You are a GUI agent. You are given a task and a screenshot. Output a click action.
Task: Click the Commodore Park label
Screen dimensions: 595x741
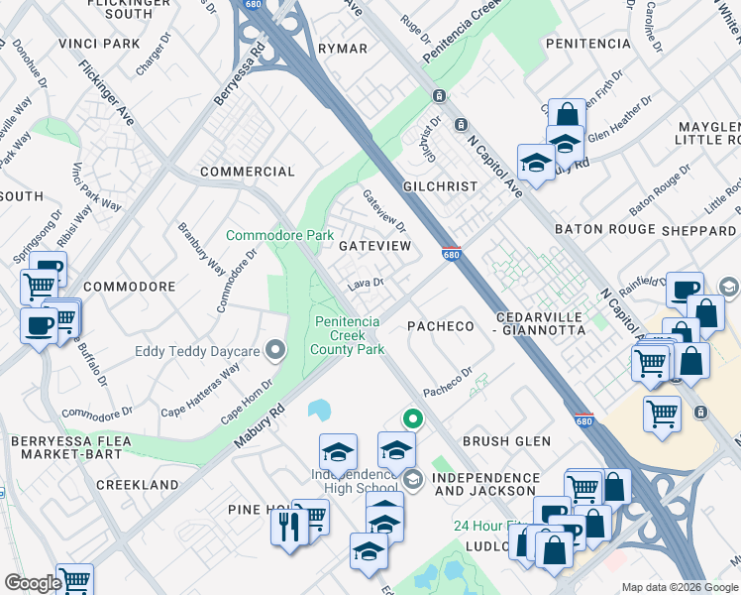coord(279,235)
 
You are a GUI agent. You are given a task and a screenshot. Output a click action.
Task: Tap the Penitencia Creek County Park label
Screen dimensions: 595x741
coord(349,334)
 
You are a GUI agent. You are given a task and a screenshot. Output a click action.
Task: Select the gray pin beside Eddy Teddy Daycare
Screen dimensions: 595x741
coord(275,350)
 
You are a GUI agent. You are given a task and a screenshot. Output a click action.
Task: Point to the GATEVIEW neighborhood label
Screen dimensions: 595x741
coord(374,245)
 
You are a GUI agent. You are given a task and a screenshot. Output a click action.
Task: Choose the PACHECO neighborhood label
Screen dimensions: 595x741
coord(442,326)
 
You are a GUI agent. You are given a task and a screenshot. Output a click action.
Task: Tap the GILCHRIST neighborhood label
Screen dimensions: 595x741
coord(440,186)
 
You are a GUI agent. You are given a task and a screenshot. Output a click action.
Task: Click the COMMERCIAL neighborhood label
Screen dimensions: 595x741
coord(247,172)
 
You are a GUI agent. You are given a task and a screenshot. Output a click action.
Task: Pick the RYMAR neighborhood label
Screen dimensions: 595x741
coord(343,49)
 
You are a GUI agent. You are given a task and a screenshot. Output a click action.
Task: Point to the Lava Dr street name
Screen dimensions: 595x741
coord(365,284)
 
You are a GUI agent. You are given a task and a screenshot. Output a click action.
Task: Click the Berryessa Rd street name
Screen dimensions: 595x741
coord(241,74)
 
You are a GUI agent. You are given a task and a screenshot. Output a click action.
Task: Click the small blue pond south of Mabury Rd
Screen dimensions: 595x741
coord(320,409)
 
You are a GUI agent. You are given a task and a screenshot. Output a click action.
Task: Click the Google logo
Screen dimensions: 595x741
coord(33,583)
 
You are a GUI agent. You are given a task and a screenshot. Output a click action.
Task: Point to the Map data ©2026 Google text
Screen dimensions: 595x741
coord(679,586)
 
